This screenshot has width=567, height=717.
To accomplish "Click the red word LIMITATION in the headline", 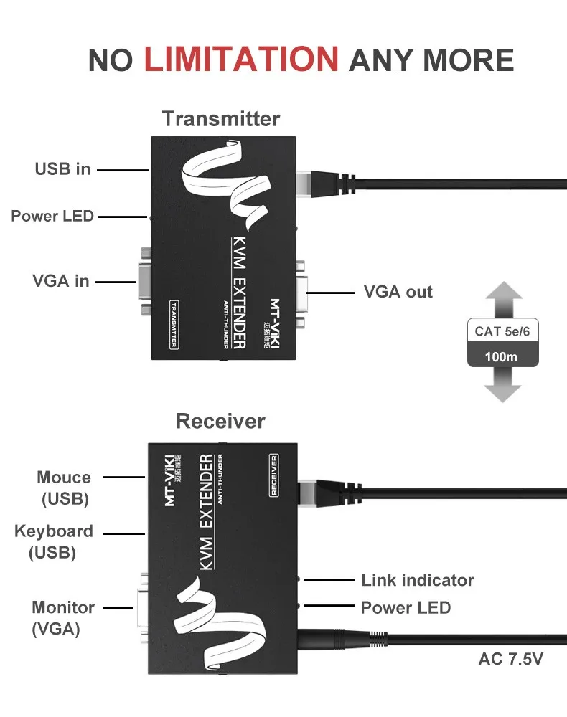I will coord(241,59).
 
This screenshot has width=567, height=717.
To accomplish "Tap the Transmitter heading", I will coord(220,118).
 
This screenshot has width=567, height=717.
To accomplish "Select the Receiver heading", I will coord(220,421).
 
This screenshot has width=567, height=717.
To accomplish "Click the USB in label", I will coord(63,169).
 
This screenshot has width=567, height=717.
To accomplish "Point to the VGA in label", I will coord(61,281).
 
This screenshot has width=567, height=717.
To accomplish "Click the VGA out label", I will coord(398,292).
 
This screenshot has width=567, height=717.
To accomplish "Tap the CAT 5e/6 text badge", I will coord(502,331).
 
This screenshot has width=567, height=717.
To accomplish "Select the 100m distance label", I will coord(502,356).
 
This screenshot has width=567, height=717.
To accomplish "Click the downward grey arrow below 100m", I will coord(502,386).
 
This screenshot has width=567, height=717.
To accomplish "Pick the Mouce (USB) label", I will coord(64,488).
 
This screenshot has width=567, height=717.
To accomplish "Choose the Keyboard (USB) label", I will coord(53,541).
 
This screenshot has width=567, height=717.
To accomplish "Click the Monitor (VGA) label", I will coord(62,617).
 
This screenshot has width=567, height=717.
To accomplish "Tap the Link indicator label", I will coord(417,580).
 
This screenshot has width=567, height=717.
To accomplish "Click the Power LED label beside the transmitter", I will coord(52,216).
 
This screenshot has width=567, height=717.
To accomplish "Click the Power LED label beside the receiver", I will coord(406,608).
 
